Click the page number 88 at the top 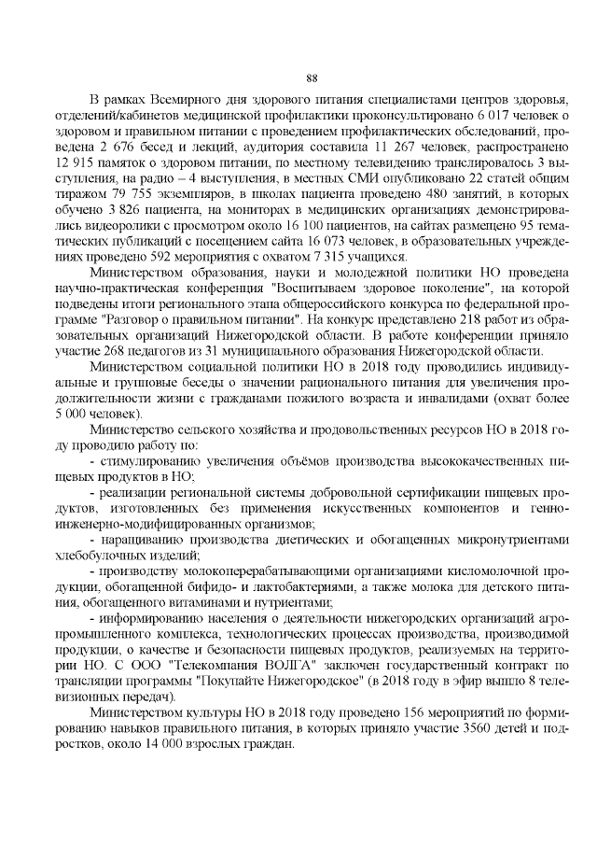312,77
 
